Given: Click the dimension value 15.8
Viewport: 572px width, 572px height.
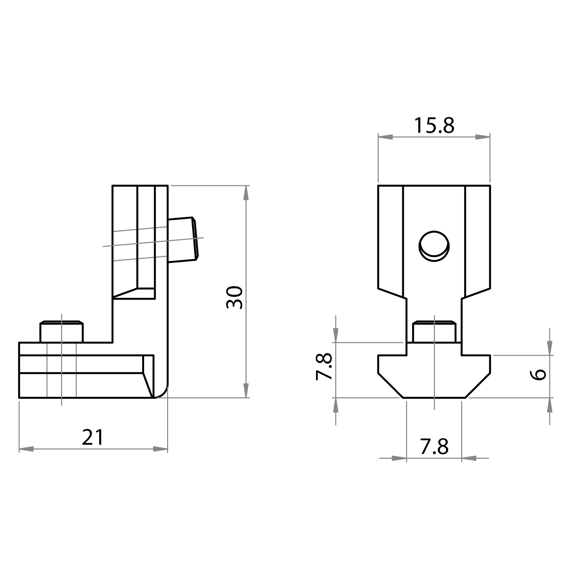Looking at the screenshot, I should [x=434, y=126].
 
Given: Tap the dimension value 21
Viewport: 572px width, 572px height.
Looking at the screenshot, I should [x=93, y=437].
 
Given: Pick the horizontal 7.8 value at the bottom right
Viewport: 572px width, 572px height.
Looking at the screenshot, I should [x=434, y=447].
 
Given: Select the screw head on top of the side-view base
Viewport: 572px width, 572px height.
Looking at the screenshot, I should [x=61, y=331].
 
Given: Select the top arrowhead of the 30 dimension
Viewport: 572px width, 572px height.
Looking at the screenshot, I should [x=246, y=193].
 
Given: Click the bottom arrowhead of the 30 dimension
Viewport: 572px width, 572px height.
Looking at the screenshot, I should [x=246, y=390].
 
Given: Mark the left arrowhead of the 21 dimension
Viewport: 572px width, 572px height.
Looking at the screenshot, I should [x=26, y=449].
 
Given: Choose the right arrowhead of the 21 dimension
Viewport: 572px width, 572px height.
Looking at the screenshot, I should [x=160, y=449].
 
